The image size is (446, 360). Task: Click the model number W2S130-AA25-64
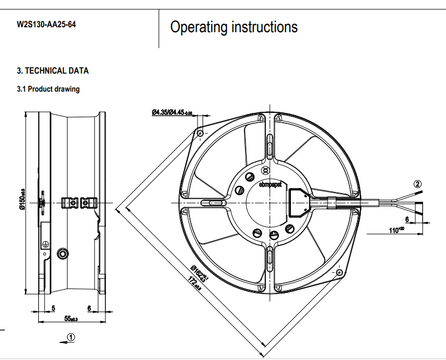tap(46, 25)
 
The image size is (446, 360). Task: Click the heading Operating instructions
tap(234, 27)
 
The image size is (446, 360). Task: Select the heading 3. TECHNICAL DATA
tap(52, 71)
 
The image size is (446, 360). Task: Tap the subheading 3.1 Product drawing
tap(48, 89)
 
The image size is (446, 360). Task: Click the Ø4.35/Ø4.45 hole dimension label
tap(172, 113)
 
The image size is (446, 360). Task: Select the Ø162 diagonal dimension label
tap(200, 271)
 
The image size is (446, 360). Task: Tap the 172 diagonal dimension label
tap(194, 284)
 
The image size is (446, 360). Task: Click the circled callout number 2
tap(418, 184)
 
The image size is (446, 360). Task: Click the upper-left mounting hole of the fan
tap(200, 133)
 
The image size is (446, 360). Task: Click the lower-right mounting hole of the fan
tap(340, 272)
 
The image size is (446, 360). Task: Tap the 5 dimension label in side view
tap(53, 308)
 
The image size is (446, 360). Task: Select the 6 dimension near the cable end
tap(407, 219)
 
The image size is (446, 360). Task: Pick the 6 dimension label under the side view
tap(88, 308)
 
